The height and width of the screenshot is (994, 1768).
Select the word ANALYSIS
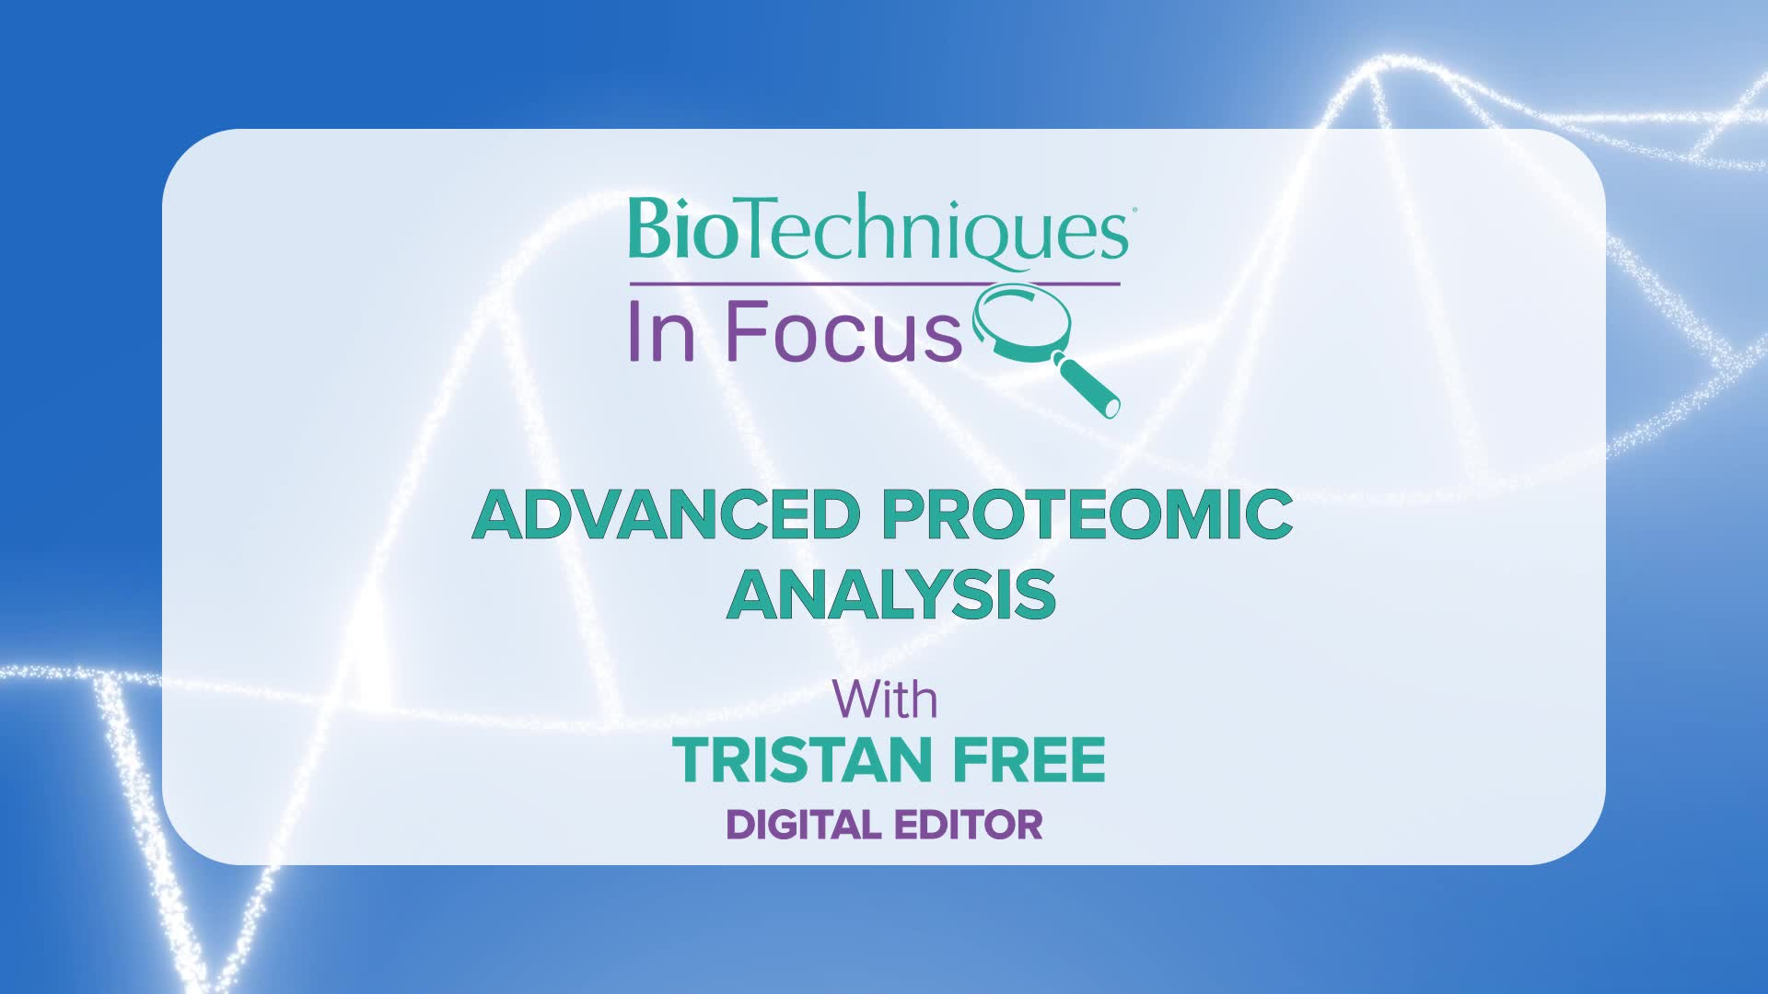891,595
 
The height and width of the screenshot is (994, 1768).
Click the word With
885,699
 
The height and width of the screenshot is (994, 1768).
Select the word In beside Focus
661,331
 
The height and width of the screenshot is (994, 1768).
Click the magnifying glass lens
1024,323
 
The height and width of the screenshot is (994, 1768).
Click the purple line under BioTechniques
874,283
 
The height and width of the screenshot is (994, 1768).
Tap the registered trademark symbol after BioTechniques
1131,211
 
